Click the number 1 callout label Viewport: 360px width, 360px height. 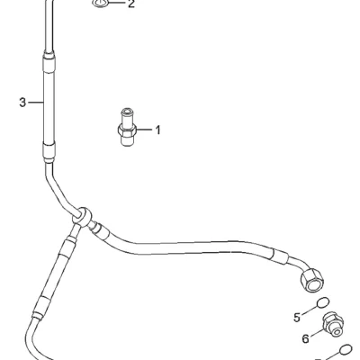pos(157,130)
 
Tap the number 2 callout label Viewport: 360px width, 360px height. pos(131,4)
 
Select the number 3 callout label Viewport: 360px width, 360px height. pos(22,103)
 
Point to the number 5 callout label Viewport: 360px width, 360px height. pos(297,317)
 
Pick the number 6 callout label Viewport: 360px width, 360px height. pos(305,339)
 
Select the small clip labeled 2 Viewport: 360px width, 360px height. pos(100,4)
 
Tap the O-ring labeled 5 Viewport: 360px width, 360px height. pos(323,302)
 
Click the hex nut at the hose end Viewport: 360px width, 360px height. pos(312,279)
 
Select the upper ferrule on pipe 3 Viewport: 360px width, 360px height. pos(49,62)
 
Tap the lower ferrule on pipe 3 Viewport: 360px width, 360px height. pos(49,152)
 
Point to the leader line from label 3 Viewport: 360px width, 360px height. pos(36,103)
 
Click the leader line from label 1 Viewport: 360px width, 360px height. pos(145,130)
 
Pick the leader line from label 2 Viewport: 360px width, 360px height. pos(116,3)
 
